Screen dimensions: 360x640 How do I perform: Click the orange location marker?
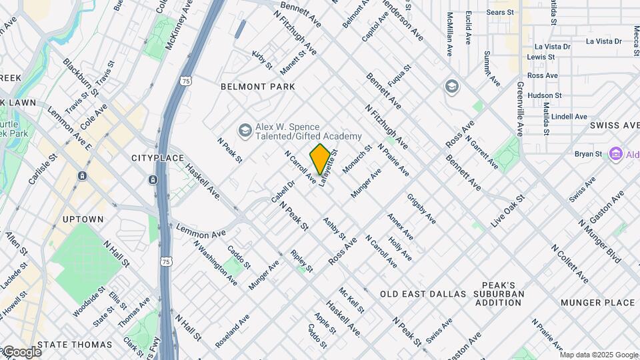(x=320, y=159)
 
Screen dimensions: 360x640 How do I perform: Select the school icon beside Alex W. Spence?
(x=245, y=130)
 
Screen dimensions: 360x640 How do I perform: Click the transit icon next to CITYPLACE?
(x=153, y=180)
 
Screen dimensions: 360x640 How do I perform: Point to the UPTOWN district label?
(x=83, y=219)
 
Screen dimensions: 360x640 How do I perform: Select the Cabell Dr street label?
(x=282, y=191)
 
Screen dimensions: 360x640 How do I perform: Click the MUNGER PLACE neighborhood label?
(x=591, y=302)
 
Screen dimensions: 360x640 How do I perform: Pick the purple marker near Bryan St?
(x=615, y=154)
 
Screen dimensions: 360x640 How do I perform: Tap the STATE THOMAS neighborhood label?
(x=75, y=345)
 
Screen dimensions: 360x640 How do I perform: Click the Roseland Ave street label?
(x=232, y=331)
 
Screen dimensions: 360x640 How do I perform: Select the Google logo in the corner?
(x=21, y=351)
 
